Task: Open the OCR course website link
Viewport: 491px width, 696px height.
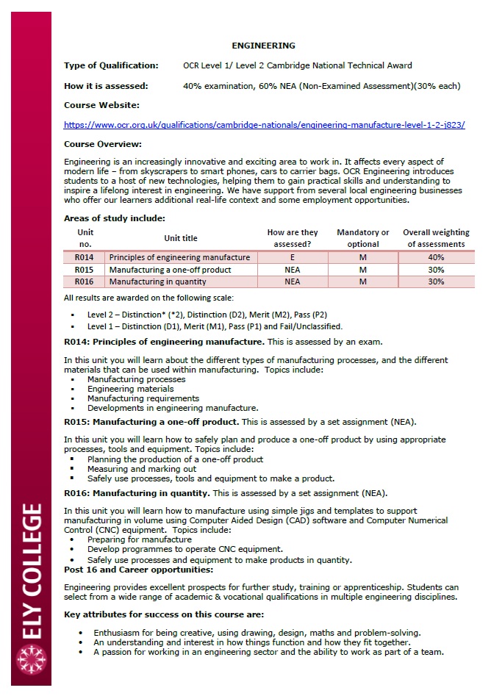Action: coord(264,125)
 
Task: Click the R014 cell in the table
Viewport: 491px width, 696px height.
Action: coord(85,257)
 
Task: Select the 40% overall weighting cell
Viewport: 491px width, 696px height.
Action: coord(436,257)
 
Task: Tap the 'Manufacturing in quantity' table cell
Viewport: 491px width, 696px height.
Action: coord(160,281)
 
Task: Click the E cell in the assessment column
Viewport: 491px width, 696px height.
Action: coord(293,257)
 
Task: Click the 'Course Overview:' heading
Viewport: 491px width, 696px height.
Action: coord(103,144)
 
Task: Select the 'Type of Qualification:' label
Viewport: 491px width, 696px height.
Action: coord(111,65)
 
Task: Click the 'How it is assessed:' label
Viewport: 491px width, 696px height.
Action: coord(106,86)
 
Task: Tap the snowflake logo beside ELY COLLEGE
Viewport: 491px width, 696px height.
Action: coord(31,659)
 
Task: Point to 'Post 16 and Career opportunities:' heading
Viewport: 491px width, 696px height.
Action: coord(139,570)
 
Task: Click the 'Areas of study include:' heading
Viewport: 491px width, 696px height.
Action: coord(114,218)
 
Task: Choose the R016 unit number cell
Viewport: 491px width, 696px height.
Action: coord(85,281)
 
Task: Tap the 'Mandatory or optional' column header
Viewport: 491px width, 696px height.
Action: coord(363,238)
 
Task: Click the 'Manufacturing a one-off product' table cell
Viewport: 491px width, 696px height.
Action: coord(170,270)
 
